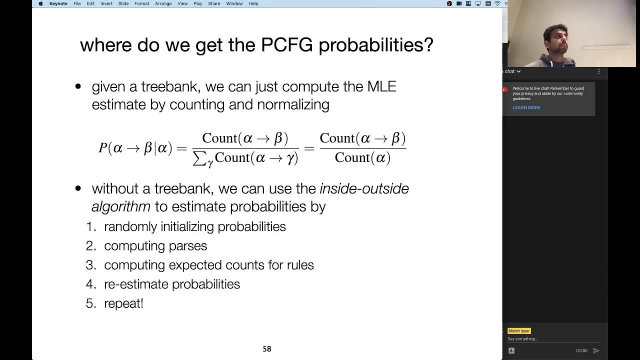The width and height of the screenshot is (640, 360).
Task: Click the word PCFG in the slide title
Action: pos(286,45)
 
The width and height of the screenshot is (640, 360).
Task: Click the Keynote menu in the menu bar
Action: pos(58,3)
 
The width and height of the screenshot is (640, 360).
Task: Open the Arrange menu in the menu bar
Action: pos(163,3)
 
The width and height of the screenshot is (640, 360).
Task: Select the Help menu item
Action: pos(253,3)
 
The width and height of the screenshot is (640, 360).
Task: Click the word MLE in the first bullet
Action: pos(381,86)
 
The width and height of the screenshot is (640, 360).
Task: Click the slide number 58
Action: pos(267,349)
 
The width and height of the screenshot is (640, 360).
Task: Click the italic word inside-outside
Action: pos(364,189)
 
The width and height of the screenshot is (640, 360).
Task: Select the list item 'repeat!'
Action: pos(123,303)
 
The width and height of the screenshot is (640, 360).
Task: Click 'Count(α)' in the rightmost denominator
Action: pos(362,158)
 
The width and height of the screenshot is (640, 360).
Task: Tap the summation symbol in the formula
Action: pos(199,158)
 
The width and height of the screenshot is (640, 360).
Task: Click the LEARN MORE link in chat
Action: pos(526,107)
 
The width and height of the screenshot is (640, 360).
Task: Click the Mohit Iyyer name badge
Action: pos(519,331)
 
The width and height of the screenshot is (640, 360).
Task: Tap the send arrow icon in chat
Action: pos(596,350)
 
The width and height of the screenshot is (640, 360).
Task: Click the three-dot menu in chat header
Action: pos(598,71)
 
